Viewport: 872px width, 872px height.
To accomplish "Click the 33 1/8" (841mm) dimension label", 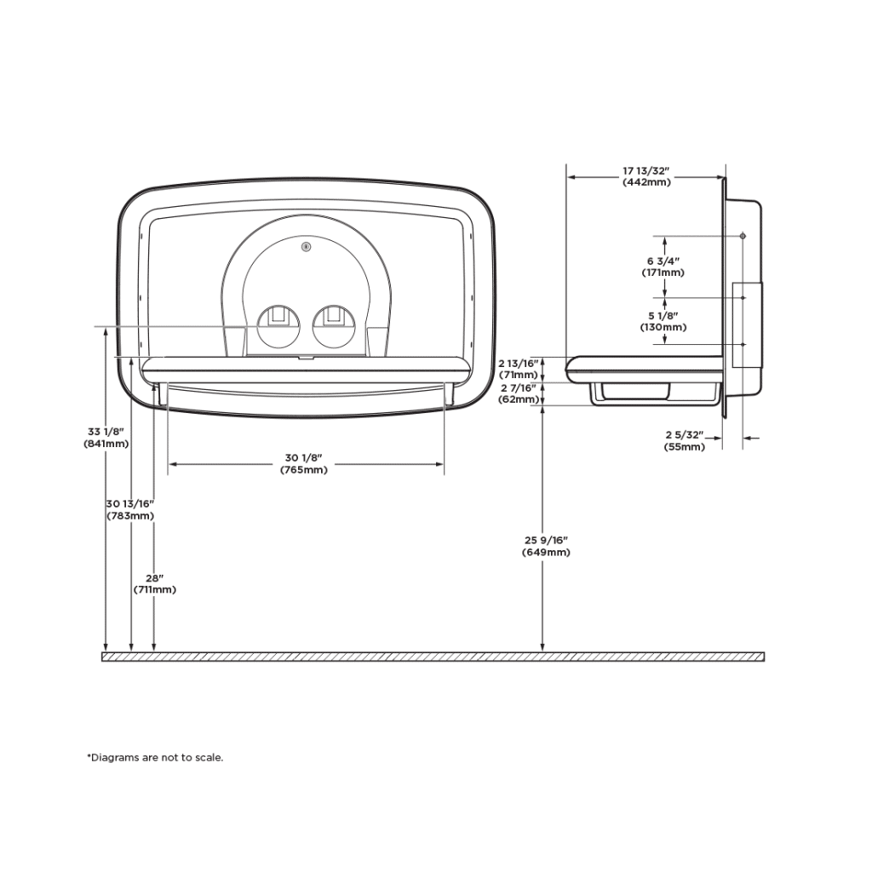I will (x=106, y=437).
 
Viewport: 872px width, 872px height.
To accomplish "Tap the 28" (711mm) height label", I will (x=154, y=583).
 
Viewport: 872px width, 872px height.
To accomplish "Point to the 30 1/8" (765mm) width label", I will (x=303, y=464).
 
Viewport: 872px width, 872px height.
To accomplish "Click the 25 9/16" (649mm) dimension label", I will (x=546, y=546).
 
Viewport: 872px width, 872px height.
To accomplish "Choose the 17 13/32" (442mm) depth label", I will (x=646, y=176).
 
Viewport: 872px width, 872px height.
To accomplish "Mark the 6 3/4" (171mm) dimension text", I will (x=663, y=267).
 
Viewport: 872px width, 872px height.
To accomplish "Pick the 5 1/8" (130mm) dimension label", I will (x=663, y=321).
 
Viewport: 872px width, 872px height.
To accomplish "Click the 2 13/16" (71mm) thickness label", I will (x=518, y=368).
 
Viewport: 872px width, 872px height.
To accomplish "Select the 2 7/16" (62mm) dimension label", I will (x=518, y=393).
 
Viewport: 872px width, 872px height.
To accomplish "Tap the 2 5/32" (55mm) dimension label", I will (x=685, y=441).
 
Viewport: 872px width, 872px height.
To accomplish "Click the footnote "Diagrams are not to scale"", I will (x=155, y=757).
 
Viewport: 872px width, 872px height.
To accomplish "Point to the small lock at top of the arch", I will (x=306, y=247).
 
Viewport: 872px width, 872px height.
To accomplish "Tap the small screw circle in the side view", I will (x=743, y=235).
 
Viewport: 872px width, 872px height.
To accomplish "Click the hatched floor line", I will (x=433, y=657).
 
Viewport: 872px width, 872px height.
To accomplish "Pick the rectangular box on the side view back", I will (x=747, y=324).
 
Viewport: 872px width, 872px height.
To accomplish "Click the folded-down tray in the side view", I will (x=644, y=365).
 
